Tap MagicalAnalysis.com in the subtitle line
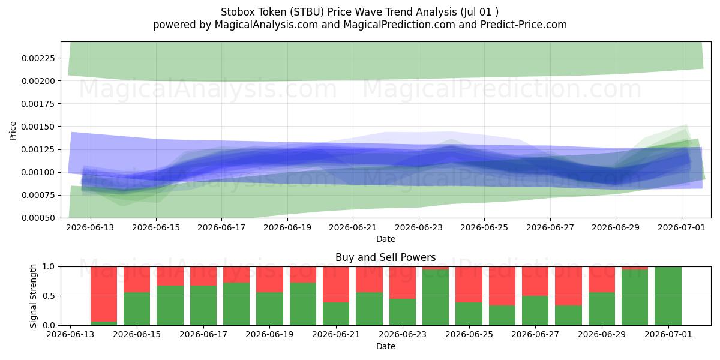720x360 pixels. (266, 25)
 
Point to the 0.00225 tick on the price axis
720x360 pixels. (38, 58)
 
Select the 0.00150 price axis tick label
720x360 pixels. (38, 127)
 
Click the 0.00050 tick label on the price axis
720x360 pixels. (38, 218)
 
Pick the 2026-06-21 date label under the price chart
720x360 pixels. (353, 227)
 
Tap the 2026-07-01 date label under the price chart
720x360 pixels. (682, 227)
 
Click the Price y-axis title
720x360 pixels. (13, 131)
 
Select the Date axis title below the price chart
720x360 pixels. (386, 239)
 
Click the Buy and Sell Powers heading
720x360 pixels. (386, 257)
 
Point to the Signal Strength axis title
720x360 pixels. (33, 296)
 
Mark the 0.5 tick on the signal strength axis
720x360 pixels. (49, 296)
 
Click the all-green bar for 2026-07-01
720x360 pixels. (668, 296)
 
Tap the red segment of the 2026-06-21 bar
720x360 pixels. (336, 284)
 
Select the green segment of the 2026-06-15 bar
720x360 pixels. (137, 308)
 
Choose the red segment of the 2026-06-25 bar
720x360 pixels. (469, 284)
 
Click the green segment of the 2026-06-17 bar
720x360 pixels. (203, 305)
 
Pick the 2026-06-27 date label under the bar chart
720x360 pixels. (535, 334)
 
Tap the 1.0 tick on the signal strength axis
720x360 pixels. (49, 267)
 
